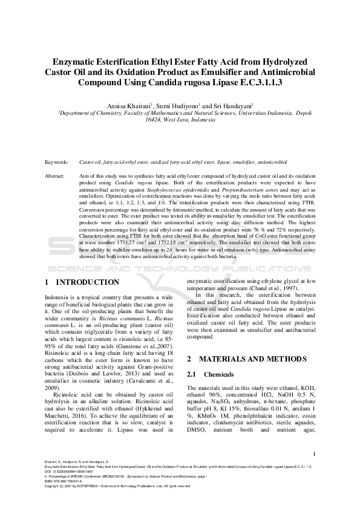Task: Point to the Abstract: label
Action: tap(57, 176)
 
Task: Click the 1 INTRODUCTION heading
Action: tap(82, 282)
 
